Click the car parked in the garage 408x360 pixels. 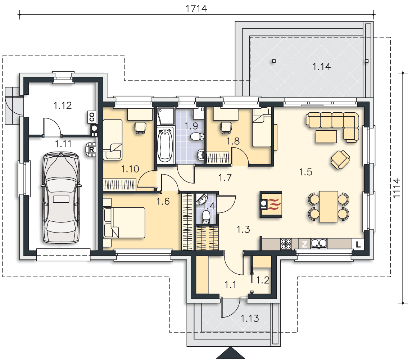pyautogui.click(x=61, y=198)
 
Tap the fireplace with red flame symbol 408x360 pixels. pyautogui.click(x=271, y=204)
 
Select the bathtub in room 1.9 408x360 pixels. pyautogui.click(x=165, y=145)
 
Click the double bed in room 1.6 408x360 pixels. pyautogui.click(x=124, y=222)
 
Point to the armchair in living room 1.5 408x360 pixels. pyautogui.click(x=340, y=159)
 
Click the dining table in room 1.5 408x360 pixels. pyautogui.click(x=328, y=206)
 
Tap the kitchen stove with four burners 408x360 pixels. pyautogui.click(x=286, y=244)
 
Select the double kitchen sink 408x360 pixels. pyautogui.click(x=319, y=244)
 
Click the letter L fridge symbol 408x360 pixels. pyautogui.click(x=358, y=244)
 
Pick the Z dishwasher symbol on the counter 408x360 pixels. pyautogui.click(x=304, y=244)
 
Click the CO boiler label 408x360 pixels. pyautogui.click(x=92, y=117)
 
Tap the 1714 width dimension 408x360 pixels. pyautogui.click(x=196, y=9)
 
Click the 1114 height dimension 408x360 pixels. pyautogui.click(x=396, y=188)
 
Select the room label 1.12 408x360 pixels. pyautogui.click(x=63, y=105)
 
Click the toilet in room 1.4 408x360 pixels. pyautogui.click(x=206, y=217)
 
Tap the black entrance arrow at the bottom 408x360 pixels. pyautogui.click(x=231, y=353)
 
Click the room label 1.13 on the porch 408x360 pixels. pyautogui.click(x=250, y=318)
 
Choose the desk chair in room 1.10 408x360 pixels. pyautogui.click(x=140, y=127)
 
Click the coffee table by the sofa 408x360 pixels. pyautogui.click(x=326, y=136)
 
